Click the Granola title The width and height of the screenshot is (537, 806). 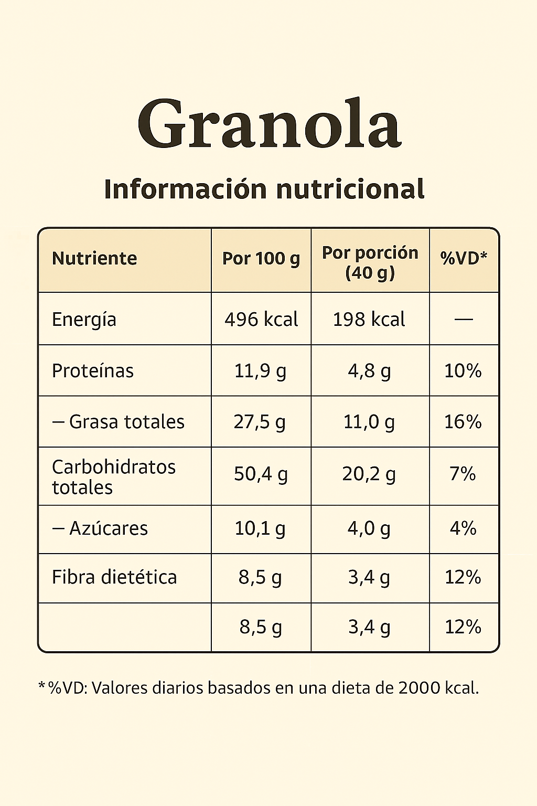(269, 124)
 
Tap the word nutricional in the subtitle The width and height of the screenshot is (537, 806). (350, 189)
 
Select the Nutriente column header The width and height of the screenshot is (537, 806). (94, 259)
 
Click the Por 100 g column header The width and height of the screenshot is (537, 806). (261, 259)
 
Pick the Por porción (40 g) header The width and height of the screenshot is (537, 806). (370, 262)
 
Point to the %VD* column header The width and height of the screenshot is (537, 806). (464, 258)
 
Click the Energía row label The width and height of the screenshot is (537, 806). (84, 320)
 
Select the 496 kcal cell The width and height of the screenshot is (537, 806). (261, 320)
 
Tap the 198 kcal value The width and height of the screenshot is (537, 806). (369, 320)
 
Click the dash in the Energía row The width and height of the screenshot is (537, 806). (464, 319)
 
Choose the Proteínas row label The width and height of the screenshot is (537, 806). (93, 371)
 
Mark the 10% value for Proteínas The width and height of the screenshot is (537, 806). (463, 371)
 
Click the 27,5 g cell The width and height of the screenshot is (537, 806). (260, 422)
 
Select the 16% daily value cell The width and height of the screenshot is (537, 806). (463, 422)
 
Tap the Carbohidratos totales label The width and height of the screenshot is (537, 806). (114, 477)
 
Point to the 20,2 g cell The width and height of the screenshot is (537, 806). (369, 474)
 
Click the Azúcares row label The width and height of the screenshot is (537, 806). (108, 528)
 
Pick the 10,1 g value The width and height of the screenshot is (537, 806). (260, 528)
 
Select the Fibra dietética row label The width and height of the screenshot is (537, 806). (114, 577)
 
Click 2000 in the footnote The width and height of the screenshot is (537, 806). (419, 687)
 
